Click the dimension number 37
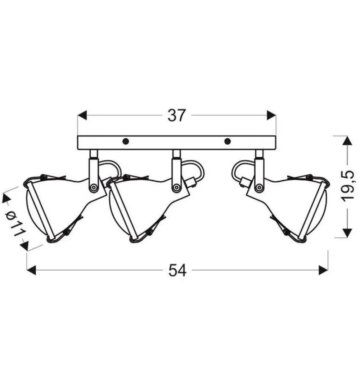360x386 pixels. [176, 115]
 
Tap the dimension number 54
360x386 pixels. [177, 270]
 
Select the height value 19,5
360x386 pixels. [348, 187]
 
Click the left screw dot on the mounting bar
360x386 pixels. [125, 141]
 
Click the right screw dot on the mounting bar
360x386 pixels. [227, 141]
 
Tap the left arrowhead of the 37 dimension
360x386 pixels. [82, 115]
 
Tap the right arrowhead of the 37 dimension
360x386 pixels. [271, 115]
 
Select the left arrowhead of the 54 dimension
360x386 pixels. [31, 270]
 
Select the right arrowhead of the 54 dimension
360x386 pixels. [323, 270]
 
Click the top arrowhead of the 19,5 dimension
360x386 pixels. [347, 141]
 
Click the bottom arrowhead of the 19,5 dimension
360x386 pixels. [347, 233]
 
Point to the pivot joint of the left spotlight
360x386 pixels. [94, 187]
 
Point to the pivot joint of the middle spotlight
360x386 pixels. [176, 187]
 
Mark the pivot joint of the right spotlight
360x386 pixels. [259, 187]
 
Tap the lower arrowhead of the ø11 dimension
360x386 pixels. [24, 246]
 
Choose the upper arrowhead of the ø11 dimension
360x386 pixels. [7, 198]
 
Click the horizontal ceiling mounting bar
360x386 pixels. [176, 143]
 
